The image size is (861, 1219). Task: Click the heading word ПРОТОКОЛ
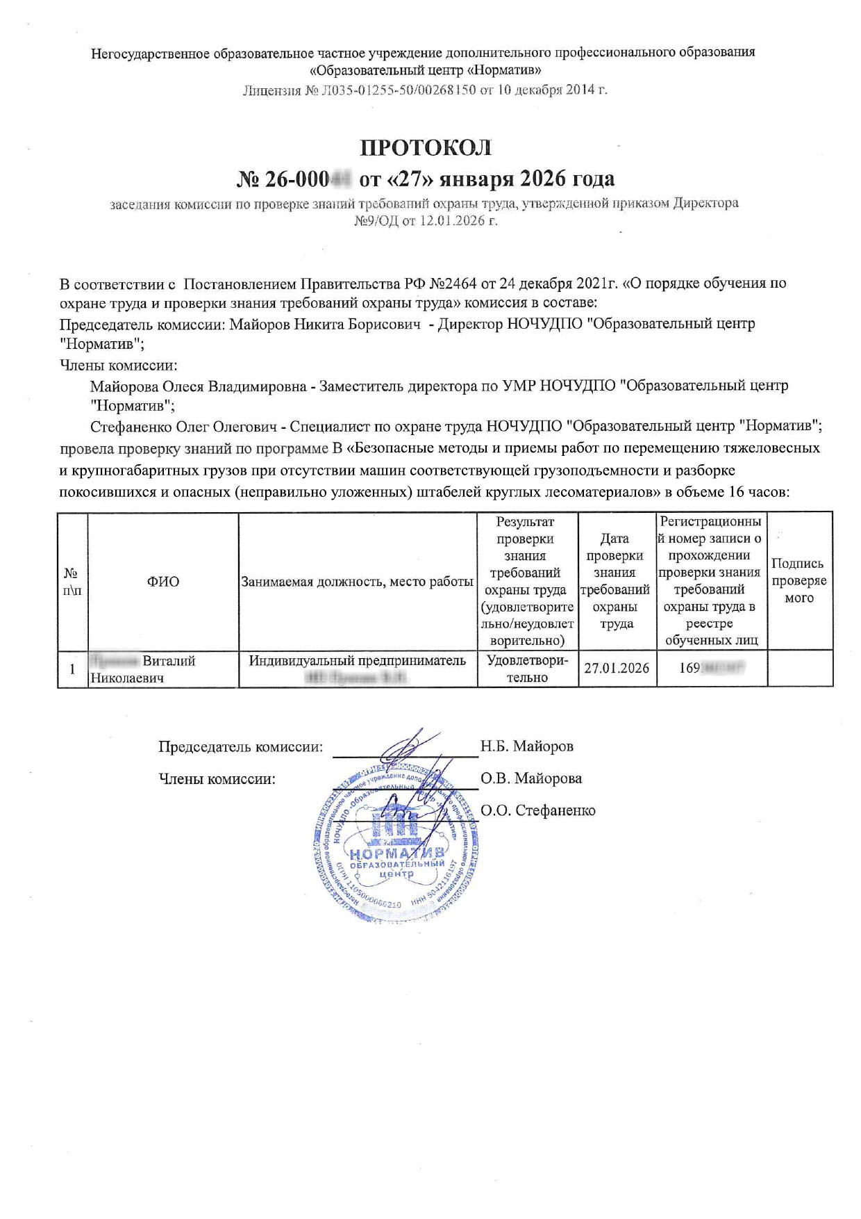point(425,148)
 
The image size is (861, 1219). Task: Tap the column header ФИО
point(162,582)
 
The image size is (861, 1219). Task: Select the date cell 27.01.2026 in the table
point(617,669)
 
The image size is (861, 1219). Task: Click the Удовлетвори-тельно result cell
point(527,669)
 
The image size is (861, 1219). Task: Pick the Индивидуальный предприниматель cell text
point(357,660)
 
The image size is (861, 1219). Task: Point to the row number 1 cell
point(72,669)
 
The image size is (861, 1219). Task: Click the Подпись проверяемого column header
point(799,581)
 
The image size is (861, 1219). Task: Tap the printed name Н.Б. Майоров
point(527,746)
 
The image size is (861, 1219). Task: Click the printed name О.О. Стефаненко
point(538,810)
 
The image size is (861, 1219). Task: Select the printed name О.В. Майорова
point(531,778)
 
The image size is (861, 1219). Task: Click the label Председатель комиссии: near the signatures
point(240,746)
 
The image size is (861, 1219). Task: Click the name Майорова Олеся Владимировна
point(198,386)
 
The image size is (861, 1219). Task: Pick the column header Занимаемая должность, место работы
point(357,582)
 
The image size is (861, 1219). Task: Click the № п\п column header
point(72,582)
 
